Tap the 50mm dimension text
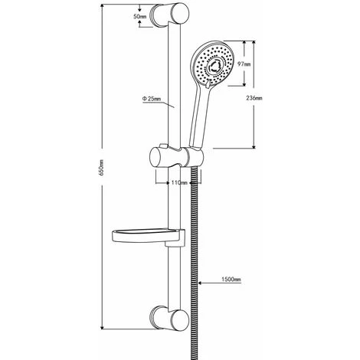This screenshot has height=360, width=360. (140, 15)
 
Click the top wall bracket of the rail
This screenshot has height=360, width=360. (171, 15)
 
